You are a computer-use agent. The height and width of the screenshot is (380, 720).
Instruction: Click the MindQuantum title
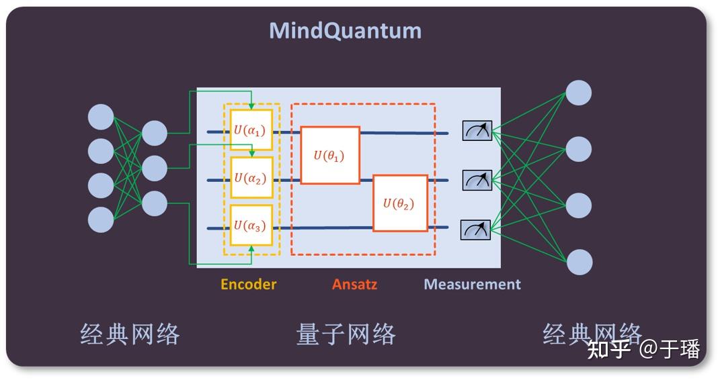pyautogui.click(x=345, y=31)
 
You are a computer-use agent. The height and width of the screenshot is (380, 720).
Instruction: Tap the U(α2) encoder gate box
pyautogui.click(x=251, y=178)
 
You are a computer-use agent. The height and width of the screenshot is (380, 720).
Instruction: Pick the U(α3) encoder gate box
pyautogui.click(x=251, y=226)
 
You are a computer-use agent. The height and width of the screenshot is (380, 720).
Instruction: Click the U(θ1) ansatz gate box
pyautogui.click(x=329, y=155)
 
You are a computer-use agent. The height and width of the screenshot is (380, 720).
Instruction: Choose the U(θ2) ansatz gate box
pyautogui.click(x=400, y=203)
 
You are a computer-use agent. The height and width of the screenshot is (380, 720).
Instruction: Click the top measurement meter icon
pyautogui.click(x=477, y=130)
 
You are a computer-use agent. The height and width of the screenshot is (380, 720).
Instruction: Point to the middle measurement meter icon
pyautogui.click(x=477, y=179)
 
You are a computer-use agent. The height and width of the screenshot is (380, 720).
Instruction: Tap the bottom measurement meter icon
pyautogui.click(x=476, y=230)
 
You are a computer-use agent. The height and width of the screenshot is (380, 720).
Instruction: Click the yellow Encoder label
pyautogui.click(x=248, y=284)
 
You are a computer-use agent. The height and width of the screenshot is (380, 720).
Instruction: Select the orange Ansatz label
pyautogui.click(x=354, y=284)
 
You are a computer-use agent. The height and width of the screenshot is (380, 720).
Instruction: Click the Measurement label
pyautogui.click(x=472, y=284)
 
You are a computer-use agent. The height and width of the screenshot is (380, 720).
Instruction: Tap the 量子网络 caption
pyautogui.click(x=346, y=334)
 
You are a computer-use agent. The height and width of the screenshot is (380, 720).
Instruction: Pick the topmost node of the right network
pyautogui.click(x=578, y=93)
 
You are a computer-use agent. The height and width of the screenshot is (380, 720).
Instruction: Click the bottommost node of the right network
pyautogui.click(x=578, y=262)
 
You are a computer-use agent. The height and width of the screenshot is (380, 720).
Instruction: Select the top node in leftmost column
pyautogui.click(x=101, y=117)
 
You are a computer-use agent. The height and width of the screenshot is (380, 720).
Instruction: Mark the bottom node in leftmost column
pyautogui.click(x=101, y=220)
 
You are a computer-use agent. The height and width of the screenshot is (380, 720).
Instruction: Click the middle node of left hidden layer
pyautogui.click(x=154, y=168)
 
